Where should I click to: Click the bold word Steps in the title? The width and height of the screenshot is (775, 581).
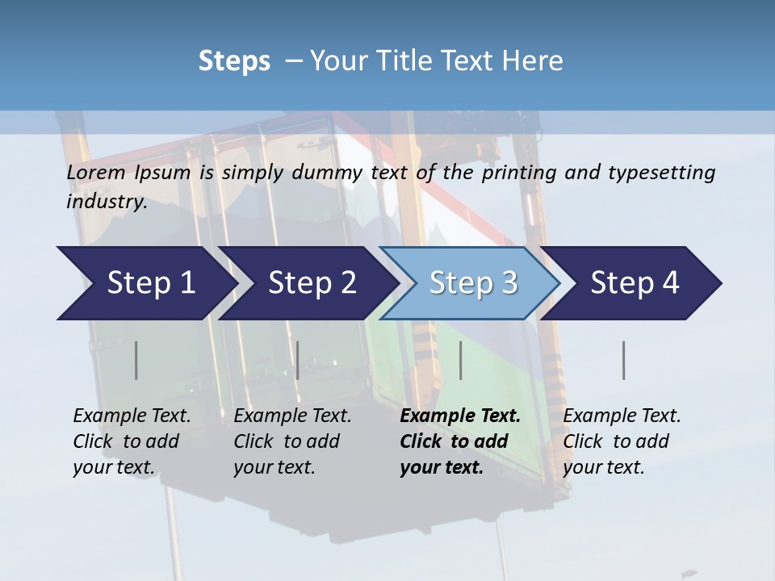pos(234,61)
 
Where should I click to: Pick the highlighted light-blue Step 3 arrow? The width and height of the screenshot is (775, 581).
pos(473,283)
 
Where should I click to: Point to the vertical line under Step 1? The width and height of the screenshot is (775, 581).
pos(136,360)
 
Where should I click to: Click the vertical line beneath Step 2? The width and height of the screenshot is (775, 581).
pos(298,360)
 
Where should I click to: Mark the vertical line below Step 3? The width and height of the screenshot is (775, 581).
pos(461,360)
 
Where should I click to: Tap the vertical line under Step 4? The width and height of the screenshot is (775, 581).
pos(624,360)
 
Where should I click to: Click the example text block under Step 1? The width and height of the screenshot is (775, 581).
pos(132,441)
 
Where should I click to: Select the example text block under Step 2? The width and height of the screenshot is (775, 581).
pos(292,441)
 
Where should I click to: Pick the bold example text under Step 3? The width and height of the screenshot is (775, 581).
pos(459,441)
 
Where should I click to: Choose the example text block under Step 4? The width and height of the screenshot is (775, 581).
pos(622,441)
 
